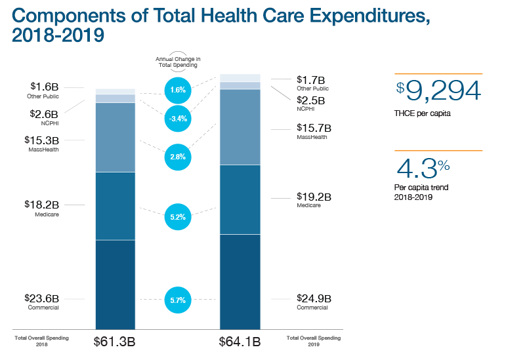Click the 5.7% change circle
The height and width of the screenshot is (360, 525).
click(177, 300)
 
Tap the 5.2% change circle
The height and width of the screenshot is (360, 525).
click(177, 216)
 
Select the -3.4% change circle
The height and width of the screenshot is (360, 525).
click(177, 119)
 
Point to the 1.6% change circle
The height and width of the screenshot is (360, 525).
click(177, 90)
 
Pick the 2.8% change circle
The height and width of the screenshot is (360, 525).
click(177, 157)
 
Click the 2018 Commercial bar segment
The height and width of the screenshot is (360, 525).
click(115, 284)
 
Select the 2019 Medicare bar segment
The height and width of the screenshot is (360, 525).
click(240, 199)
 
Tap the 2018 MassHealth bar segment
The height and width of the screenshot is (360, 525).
click(115, 137)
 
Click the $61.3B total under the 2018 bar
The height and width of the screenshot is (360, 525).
click(115, 342)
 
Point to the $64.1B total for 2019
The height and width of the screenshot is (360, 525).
click(240, 342)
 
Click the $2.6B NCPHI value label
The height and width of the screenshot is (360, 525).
click(45, 113)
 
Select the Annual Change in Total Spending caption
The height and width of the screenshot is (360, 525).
click(178, 62)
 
